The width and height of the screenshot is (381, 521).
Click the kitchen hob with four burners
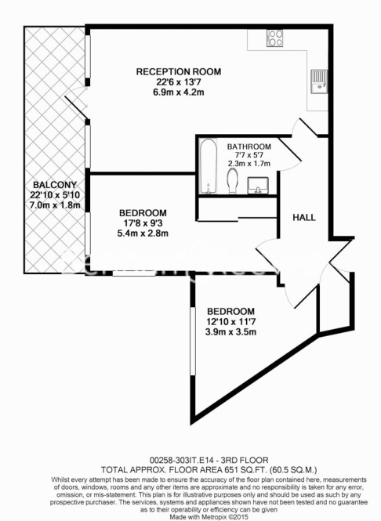pyautogui.click(x=274, y=38)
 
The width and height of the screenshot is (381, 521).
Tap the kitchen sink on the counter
pyautogui.click(x=319, y=81)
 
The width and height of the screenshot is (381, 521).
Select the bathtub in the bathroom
pyautogui.click(x=209, y=166)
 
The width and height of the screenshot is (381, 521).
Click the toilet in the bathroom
pyautogui.click(x=232, y=181)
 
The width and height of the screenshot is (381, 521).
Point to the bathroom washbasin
pyautogui.click(x=258, y=186)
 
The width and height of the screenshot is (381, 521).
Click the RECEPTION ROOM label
pyautogui.click(x=179, y=71)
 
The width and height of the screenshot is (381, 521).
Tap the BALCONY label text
pyautogui.click(x=55, y=184)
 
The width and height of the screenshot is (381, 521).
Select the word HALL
pyautogui.click(x=304, y=218)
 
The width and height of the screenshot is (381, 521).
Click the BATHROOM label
pyautogui.click(x=249, y=147)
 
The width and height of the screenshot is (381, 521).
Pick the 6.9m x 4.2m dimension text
pyautogui.click(x=179, y=92)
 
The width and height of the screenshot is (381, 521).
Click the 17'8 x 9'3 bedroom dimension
pyautogui.click(x=143, y=223)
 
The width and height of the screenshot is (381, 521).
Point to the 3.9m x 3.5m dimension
pyautogui.click(x=230, y=331)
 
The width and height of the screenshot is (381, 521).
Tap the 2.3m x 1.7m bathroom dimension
pyautogui.click(x=249, y=164)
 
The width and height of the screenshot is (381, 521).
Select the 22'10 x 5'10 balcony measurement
pyautogui.click(x=55, y=195)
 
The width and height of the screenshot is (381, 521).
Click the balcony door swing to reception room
pyautogui.click(x=76, y=103)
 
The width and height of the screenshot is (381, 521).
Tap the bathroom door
pyautogui.click(x=290, y=151)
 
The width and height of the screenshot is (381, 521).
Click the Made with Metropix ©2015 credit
pyautogui.click(x=209, y=517)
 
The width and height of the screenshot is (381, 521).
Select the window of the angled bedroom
pyautogui.click(x=193, y=342)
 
